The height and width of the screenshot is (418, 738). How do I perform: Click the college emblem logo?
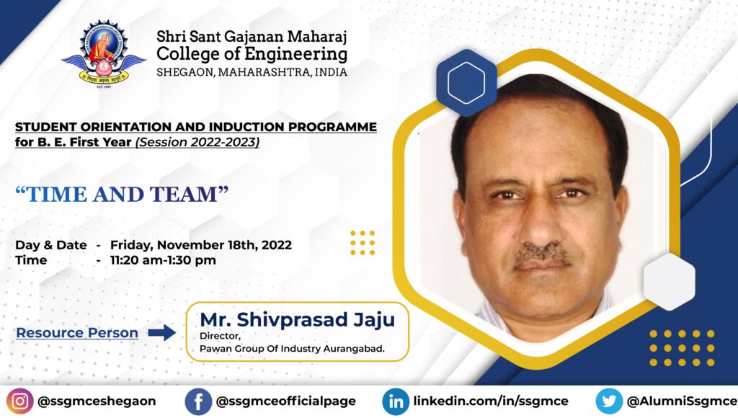104,53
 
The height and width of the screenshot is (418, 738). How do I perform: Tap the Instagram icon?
19,401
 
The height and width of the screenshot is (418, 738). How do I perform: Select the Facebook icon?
198,401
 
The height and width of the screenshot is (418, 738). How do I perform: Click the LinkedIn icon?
396,401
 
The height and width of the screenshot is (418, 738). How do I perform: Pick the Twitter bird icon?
609,401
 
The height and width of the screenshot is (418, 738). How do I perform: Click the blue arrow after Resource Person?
162,333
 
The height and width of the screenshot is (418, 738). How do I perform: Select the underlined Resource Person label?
77,333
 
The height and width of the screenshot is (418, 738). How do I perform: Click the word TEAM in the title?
190,195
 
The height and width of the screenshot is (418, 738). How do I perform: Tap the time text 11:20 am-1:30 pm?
163,260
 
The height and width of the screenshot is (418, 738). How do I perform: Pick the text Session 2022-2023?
197,142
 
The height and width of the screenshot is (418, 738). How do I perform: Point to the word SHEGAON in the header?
185,73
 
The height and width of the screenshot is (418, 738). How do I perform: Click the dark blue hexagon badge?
466,83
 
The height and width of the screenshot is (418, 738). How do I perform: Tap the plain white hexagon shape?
669,282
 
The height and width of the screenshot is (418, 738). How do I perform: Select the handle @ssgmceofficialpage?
285,401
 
